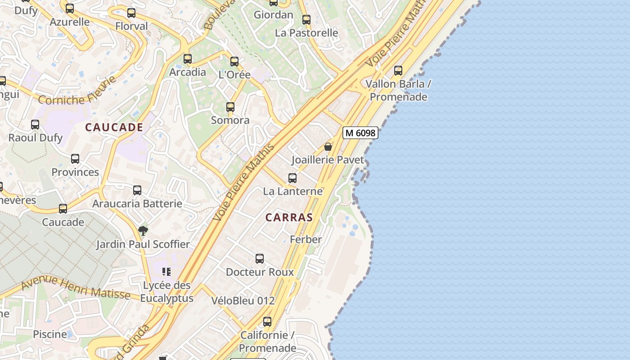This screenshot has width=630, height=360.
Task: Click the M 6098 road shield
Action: (x=360, y=133)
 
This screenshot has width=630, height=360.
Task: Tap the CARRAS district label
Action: (x=289, y=217)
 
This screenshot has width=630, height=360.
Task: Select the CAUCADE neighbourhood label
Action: (x=114, y=127)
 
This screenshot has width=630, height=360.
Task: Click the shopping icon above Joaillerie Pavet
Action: (x=328, y=147)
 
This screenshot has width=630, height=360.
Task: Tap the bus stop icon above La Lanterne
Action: (x=292, y=178)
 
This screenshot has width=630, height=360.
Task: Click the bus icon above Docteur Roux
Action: (x=260, y=259)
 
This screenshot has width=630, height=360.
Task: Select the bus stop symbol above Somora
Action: (x=230, y=107)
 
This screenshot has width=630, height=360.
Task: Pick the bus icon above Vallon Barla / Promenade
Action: (x=398, y=71)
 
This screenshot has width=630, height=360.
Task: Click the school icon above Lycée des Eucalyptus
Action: (x=166, y=272)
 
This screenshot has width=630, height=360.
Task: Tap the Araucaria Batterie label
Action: (x=137, y=203)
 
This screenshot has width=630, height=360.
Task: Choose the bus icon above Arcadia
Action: (x=188, y=59)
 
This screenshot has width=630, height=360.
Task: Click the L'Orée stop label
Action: (x=234, y=75)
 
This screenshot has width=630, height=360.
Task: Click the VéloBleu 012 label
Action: (x=243, y=301)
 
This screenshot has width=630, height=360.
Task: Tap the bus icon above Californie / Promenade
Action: (x=267, y=322)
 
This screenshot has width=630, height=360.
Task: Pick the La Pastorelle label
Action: (x=306, y=33)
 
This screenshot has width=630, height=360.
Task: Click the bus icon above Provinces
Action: (x=75, y=159)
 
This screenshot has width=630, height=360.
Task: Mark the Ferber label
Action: (x=306, y=239)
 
